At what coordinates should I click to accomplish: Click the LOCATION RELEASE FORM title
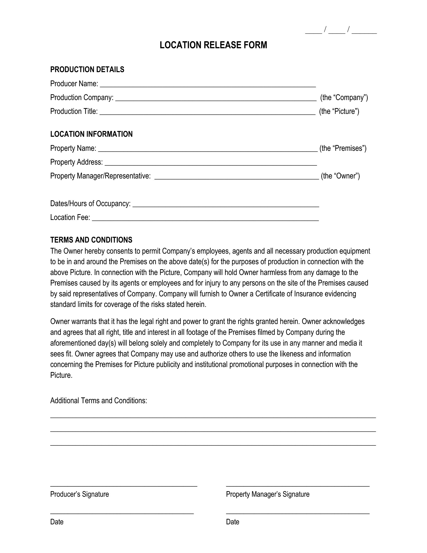tap(213, 45)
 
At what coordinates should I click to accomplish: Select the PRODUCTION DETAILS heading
tap(87, 70)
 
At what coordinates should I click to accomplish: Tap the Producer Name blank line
tap(208, 85)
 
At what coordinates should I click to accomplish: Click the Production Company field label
tap(82, 98)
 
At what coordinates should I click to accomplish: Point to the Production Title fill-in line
tap(207, 113)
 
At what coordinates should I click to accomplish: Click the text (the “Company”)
tap(344, 98)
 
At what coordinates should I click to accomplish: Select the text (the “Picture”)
tap(339, 111)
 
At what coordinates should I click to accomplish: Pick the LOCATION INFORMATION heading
tap(91, 134)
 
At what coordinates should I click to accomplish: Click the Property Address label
tap(76, 162)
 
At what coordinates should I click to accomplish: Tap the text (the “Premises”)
tap(343, 148)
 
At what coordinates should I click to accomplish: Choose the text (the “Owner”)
tap(340, 176)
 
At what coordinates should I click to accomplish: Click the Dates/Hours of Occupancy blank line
tap(226, 206)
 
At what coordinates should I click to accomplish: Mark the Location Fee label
tap(70, 217)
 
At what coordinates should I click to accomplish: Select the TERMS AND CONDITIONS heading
tap(91, 240)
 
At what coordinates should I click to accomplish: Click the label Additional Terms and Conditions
tap(98, 401)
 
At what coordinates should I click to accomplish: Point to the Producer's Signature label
tap(79, 494)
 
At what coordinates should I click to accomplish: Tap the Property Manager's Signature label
tap(268, 494)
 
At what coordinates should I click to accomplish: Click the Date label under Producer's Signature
tap(57, 522)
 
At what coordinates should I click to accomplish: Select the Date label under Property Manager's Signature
tap(233, 522)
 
